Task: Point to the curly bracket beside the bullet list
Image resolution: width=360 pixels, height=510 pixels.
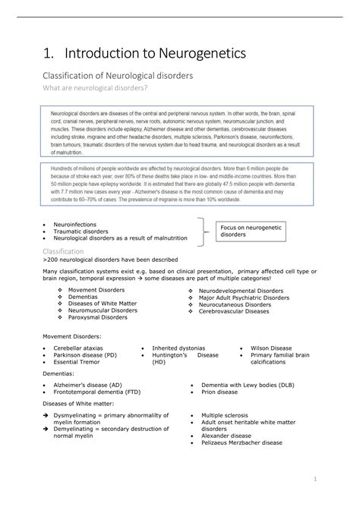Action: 203,231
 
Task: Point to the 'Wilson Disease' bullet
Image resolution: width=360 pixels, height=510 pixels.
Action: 270,348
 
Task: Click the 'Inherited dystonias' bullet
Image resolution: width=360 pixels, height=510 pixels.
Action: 179,348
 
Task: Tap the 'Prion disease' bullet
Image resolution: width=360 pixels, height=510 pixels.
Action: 219,392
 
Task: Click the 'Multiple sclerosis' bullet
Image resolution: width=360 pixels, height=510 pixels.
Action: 227,415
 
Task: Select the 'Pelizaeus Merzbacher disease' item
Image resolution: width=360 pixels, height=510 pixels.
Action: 242,442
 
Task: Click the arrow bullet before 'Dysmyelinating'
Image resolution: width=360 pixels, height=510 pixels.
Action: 46,415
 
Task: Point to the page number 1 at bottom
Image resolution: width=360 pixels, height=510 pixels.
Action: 314,479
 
